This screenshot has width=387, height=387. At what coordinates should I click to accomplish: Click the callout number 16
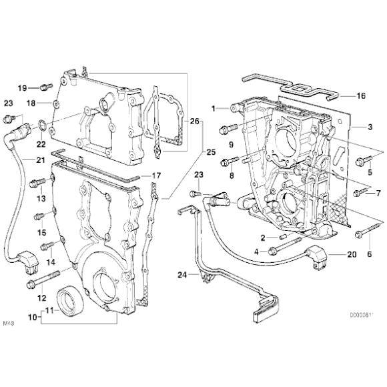[x=361, y=96]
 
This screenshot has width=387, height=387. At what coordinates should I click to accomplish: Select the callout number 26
[x=195, y=121]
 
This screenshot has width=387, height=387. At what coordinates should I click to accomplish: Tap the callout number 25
[x=211, y=153]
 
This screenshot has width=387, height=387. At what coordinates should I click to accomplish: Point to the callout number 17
[x=156, y=175]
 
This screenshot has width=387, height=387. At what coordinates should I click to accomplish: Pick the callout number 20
[x=352, y=255]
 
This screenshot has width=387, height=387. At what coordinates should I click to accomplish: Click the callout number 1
[x=215, y=107]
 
